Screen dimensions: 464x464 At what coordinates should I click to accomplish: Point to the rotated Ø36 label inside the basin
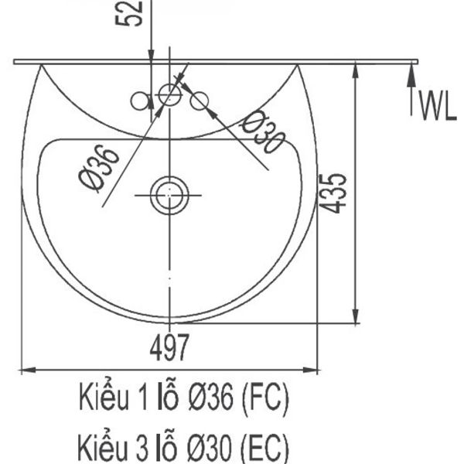tap(98, 169)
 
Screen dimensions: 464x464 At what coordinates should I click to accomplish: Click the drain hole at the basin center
tap(168, 194)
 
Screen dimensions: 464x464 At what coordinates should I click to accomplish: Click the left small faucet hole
tap(140, 100)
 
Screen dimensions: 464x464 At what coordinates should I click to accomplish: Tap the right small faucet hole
tap(199, 100)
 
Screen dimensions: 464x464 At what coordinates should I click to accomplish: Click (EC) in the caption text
tap(265, 447)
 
